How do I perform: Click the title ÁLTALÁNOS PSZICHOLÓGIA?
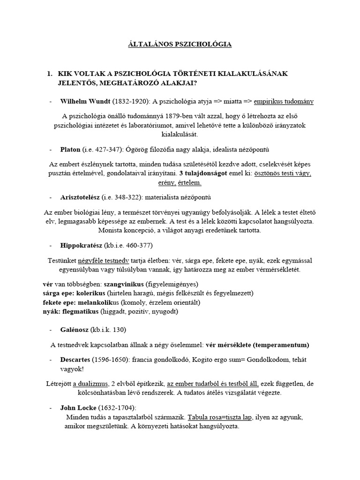click(x=180, y=45)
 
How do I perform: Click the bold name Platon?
click(x=71, y=150)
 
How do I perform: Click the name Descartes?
click(x=76, y=360)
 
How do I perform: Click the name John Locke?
click(x=78, y=408)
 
